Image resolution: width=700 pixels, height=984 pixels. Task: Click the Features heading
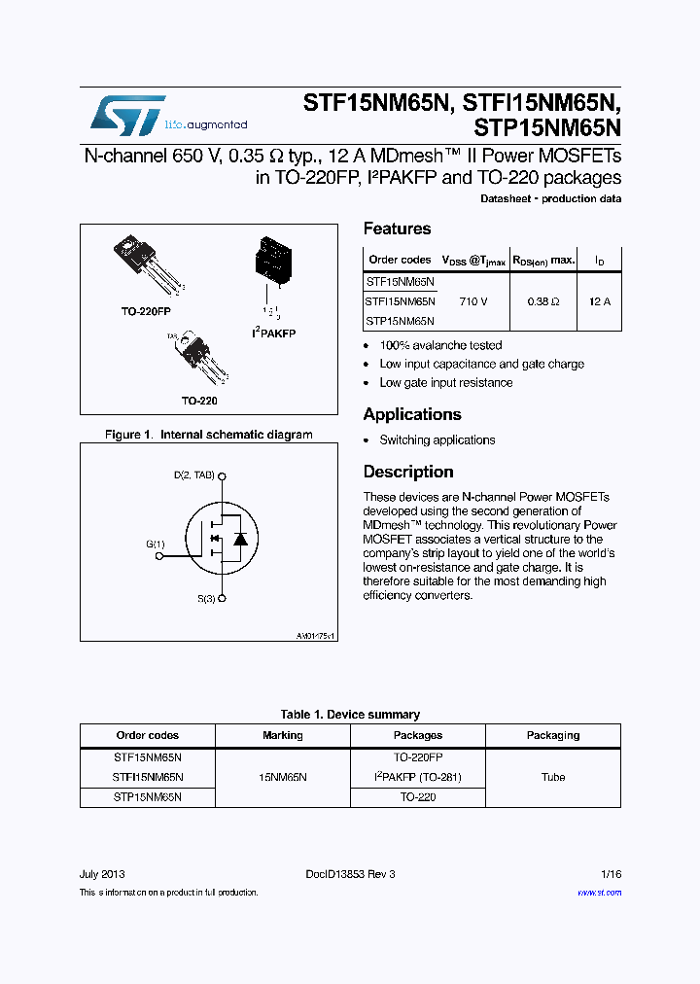[x=397, y=228]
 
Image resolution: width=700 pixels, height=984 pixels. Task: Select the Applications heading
[x=411, y=414]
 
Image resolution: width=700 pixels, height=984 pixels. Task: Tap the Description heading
[x=408, y=472]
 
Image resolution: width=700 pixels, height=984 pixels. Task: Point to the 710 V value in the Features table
[x=473, y=301]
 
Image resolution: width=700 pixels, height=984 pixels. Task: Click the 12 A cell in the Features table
[x=600, y=301]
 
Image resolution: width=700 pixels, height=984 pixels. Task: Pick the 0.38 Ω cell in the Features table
[x=542, y=301]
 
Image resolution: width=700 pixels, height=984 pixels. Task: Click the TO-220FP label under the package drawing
[x=146, y=312]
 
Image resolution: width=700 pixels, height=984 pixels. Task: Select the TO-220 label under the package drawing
[x=198, y=401]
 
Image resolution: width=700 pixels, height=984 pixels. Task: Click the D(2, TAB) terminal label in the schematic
[x=193, y=476]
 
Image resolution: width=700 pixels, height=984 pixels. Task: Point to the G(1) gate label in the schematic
[x=156, y=545]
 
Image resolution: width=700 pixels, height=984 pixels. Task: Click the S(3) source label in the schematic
[x=206, y=599]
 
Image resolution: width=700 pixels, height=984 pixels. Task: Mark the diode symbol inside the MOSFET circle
[x=240, y=538]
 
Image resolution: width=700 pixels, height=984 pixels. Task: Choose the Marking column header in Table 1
[x=282, y=735]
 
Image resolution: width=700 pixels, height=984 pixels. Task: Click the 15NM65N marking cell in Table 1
[x=282, y=777]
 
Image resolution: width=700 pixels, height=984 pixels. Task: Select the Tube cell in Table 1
[x=552, y=777]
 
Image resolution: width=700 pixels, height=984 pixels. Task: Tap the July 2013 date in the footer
[x=101, y=874]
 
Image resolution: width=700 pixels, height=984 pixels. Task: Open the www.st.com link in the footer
[x=598, y=893]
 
